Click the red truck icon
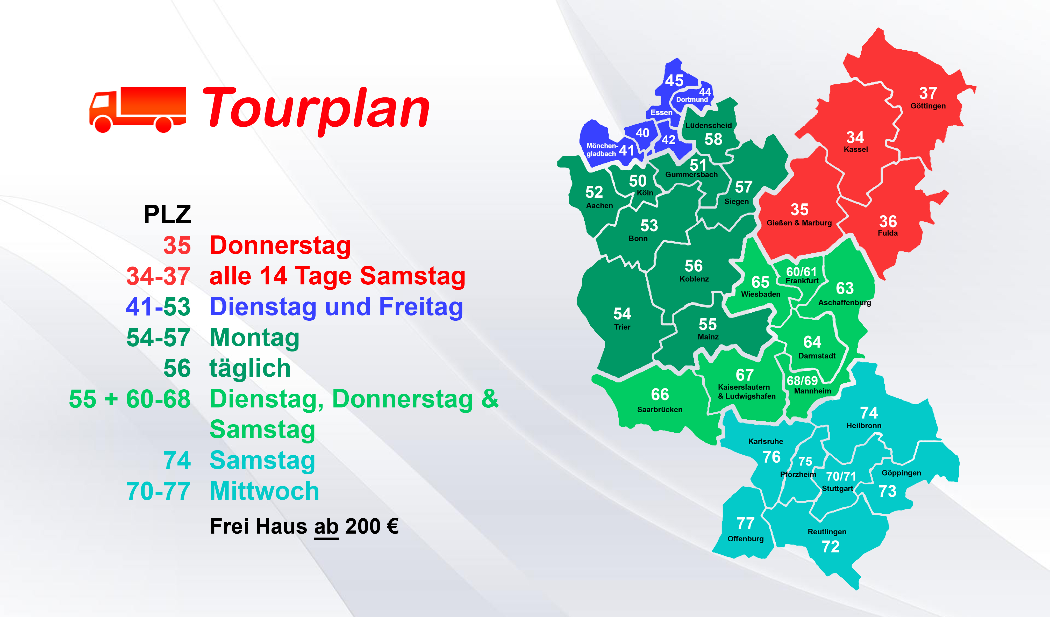pyautogui.click(x=138, y=110)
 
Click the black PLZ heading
pyautogui.click(x=167, y=214)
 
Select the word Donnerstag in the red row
pyautogui.click(x=280, y=246)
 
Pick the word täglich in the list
pyautogui.click(x=250, y=368)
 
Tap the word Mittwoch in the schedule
pyautogui.click(x=265, y=491)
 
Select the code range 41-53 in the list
pyautogui.click(x=158, y=307)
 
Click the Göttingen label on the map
pyautogui.click(x=928, y=106)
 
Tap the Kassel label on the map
pyautogui.click(x=856, y=149)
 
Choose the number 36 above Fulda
pyautogui.click(x=888, y=221)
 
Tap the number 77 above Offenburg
pyautogui.click(x=745, y=523)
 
